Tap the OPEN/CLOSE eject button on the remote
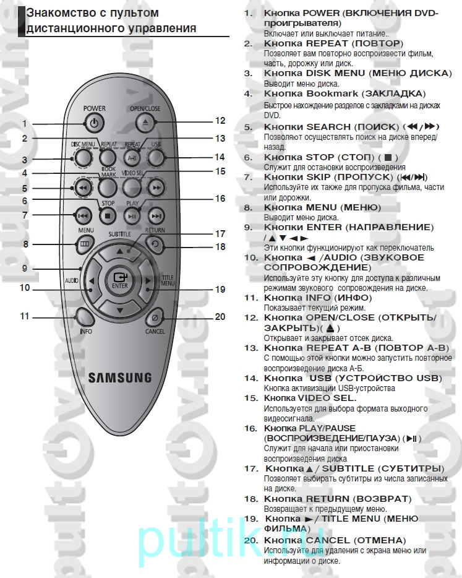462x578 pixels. point(145,123)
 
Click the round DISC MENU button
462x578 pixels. point(83,158)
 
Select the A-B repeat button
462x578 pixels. point(132,158)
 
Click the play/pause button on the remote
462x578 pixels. point(132,216)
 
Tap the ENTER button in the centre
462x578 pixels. point(120,281)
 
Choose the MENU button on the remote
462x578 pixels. point(85,244)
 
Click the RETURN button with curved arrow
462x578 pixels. point(155,244)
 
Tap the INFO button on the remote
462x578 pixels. point(84,317)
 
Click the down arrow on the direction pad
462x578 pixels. point(120,310)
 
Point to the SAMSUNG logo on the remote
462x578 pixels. point(120,378)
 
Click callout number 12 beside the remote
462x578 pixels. point(220,121)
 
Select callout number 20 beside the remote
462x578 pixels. point(220,317)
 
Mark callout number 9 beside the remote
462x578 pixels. point(24,268)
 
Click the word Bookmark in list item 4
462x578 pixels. point(332,93)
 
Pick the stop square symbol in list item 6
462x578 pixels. point(388,158)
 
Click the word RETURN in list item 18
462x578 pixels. point(328,499)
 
